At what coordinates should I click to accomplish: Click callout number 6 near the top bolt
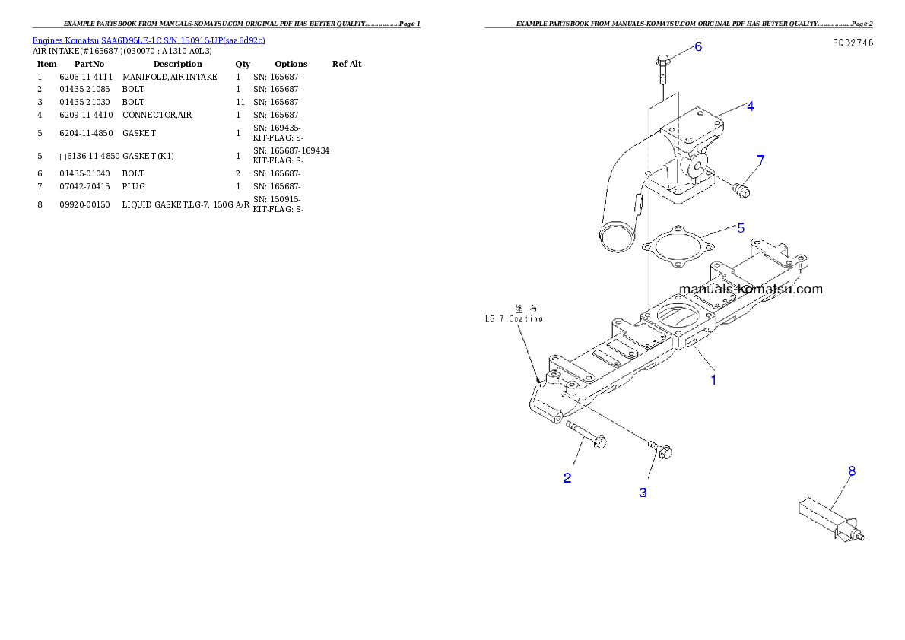pyautogui.click(x=697, y=46)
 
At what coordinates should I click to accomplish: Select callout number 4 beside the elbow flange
pyautogui.click(x=750, y=106)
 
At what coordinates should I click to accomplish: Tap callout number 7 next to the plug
pyautogui.click(x=760, y=160)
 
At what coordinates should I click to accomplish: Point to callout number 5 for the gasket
pyautogui.click(x=740, y=227)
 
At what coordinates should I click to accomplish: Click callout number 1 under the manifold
pyautogui.click(x=713, y=379)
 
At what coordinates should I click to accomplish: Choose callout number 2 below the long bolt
pyautogui.click(x=567, y=478)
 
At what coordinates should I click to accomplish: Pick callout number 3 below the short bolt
pyautogui.click(x=643, y=493)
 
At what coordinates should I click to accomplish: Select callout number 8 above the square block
pyautogui.click(x=852, y=471)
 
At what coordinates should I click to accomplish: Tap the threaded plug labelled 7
pyautogui.click(x=741, y=189)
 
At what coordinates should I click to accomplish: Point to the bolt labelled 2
pyautogui.click(x=585, y=435)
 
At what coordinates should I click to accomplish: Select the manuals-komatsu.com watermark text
pyautogui.click(x=750, y=289)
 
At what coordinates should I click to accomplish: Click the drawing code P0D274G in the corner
pyautogui.click(x=852, y=43)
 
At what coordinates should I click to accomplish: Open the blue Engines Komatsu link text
pyautogui.click(x=148, y=40)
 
